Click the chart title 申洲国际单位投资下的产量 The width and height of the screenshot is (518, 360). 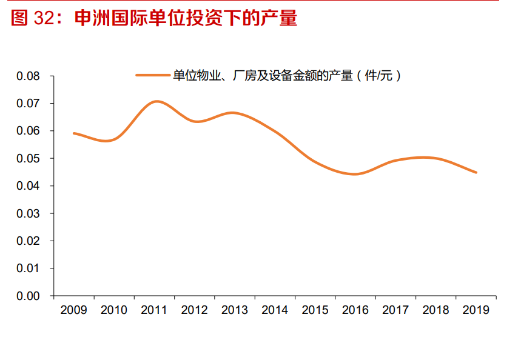[x=186, y=18]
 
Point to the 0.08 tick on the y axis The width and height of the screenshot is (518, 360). [x=28, y=76]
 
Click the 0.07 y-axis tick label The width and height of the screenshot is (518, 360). [x=28, y=104]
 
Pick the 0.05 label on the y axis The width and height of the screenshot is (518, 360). [x=28, y=159]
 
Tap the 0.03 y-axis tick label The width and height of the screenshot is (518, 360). [x=28, y=213]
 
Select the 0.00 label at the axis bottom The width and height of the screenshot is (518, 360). [x=28, y=296]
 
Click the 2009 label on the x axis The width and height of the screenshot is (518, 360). [x=73, y=310]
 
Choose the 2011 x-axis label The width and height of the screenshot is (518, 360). [x=154, y=310]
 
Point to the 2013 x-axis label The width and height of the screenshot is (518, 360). [x=235, y=310]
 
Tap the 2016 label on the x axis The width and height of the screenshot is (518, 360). [x=355, y=310]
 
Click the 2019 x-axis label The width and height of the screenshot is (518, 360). [x=476, y=310]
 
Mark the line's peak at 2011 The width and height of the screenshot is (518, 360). [x=157, y=101]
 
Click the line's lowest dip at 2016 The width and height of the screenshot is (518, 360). [x=355, y=174]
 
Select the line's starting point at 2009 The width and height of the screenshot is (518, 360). [x=74, y=133]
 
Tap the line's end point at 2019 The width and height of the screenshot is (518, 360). [x=476, y=172]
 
